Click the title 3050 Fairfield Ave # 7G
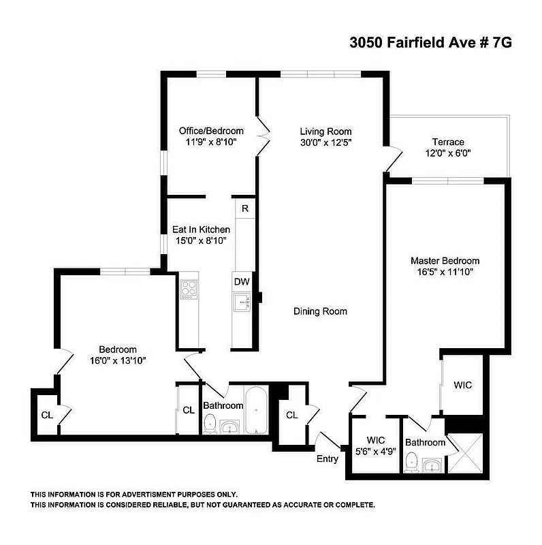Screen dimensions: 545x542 click(x=430, y=42)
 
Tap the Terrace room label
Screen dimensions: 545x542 click(x=447, y=142)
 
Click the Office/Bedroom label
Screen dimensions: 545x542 click(x=211, y=131)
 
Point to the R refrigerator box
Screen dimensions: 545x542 click(x=244, y=208)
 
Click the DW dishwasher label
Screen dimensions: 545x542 click(x=242, y=281)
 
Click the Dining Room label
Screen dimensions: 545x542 click(x=320, y=311)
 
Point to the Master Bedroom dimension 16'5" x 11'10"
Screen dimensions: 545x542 click(x=445, y=271)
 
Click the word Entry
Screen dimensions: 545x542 click(x=328, y=458)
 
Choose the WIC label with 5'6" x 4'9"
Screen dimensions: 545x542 click(x=376, y=445)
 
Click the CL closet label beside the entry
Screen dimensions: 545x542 click(x=291, y=415)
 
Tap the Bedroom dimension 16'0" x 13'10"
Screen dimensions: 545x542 click(x=118, y=360)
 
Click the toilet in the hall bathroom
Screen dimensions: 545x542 click(x=211, y=423)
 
